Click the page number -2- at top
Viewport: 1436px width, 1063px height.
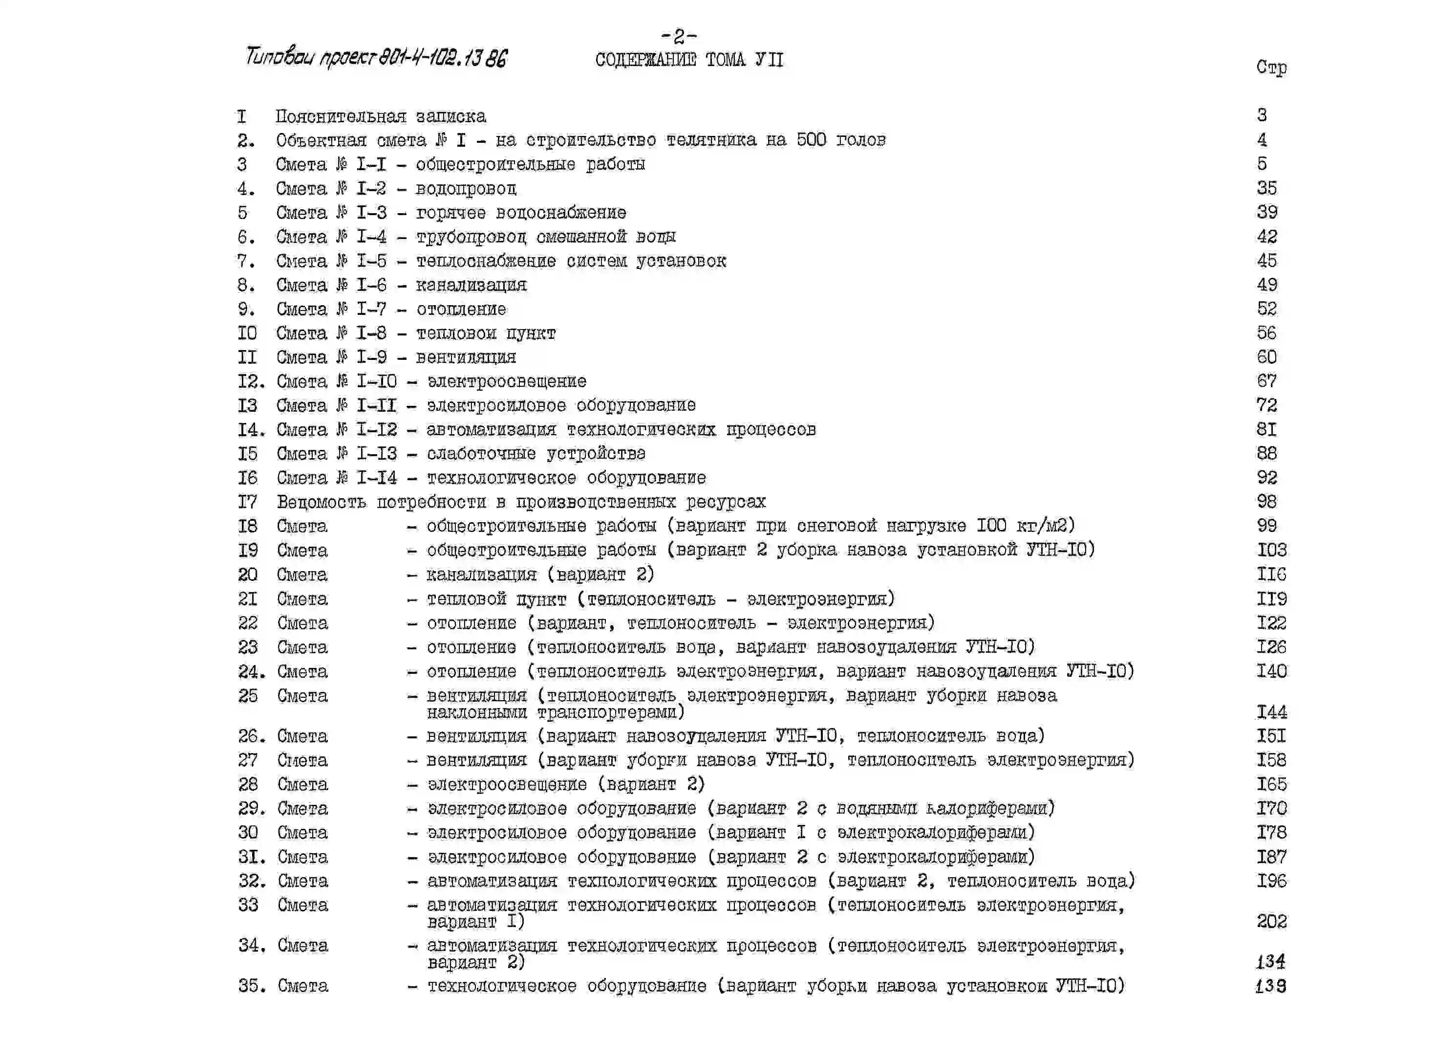679,35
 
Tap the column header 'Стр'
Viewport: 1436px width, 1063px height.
1271,67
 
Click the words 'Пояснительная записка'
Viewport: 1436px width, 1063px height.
381,116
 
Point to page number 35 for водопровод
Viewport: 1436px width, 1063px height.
1266,188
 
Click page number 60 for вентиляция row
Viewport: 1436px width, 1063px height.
1266,357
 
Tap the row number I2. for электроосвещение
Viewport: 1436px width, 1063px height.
251,381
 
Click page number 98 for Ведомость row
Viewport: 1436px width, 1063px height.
1266,502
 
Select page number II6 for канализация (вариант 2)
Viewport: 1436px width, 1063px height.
1271,574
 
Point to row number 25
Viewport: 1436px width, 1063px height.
248,696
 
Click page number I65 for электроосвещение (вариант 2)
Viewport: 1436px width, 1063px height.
1271,784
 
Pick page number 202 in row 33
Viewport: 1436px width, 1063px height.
1271,921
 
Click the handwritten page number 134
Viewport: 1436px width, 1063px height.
1270,961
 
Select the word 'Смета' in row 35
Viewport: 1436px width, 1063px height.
303,986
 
